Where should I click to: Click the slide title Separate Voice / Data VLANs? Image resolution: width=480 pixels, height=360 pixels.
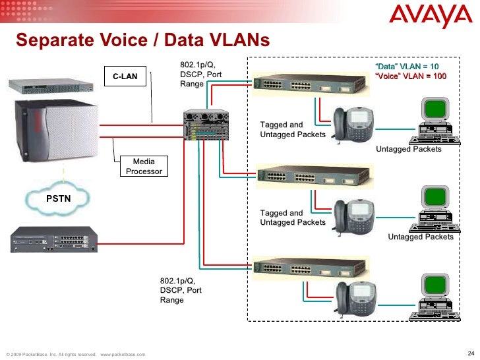coord(142,41)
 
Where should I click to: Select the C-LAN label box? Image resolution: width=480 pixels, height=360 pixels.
coord(125,76)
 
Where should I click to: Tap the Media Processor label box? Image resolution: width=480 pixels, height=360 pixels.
coord(144,166)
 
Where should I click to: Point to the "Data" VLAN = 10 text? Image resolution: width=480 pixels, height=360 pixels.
coord(406,67)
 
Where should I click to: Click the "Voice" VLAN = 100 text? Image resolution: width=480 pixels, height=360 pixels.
coord(410,76)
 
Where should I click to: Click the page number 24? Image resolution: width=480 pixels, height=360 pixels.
coord(469,349)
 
